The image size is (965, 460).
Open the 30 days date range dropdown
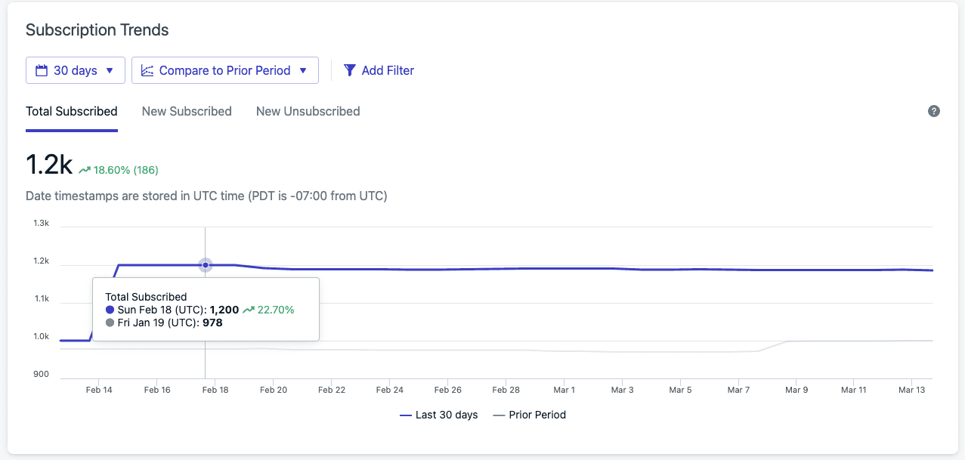74,70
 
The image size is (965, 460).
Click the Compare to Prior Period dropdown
224,70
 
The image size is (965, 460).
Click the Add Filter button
379,70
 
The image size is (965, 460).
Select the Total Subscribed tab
72,111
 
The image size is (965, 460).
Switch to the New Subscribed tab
187,111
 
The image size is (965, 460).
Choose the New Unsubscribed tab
308,111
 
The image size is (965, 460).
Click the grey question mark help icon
934,111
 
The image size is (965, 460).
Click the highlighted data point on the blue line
206,265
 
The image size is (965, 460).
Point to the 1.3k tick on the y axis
41,224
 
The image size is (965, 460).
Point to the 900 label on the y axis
41,375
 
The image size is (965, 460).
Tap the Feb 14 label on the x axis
99,390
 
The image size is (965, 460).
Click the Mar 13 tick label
911,390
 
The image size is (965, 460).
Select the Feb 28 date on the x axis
506,390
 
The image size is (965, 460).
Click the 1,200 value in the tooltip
224,310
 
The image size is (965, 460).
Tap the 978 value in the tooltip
212,323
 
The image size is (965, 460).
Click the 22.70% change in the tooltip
275,310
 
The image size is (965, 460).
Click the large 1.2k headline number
49,164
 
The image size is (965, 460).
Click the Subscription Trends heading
97,30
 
